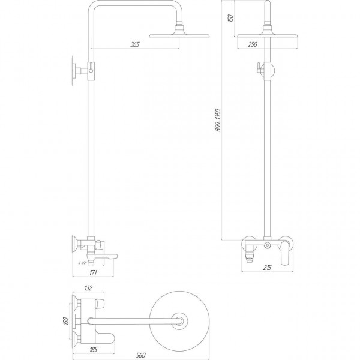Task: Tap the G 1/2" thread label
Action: point(83,262)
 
